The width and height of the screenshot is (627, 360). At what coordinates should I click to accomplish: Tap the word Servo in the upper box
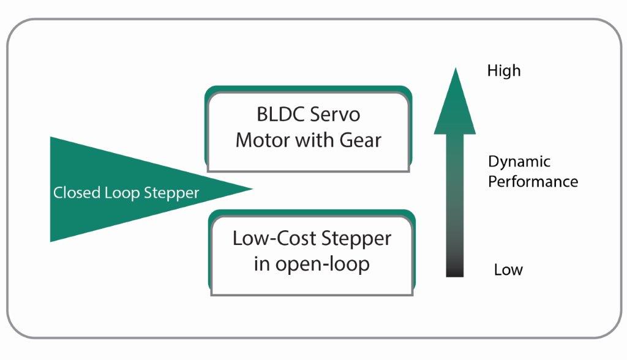(336, 115)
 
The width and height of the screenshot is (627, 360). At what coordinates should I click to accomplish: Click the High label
(503, 71)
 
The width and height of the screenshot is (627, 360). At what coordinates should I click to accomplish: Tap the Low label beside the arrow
(508, 270)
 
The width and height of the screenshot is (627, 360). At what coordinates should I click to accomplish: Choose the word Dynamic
(519, 162)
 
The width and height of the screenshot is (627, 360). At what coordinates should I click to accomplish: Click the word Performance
(533, 182)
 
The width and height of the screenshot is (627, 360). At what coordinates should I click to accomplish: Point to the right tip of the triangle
(251, 189)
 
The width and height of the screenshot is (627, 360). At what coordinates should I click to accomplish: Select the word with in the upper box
(314, 140)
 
